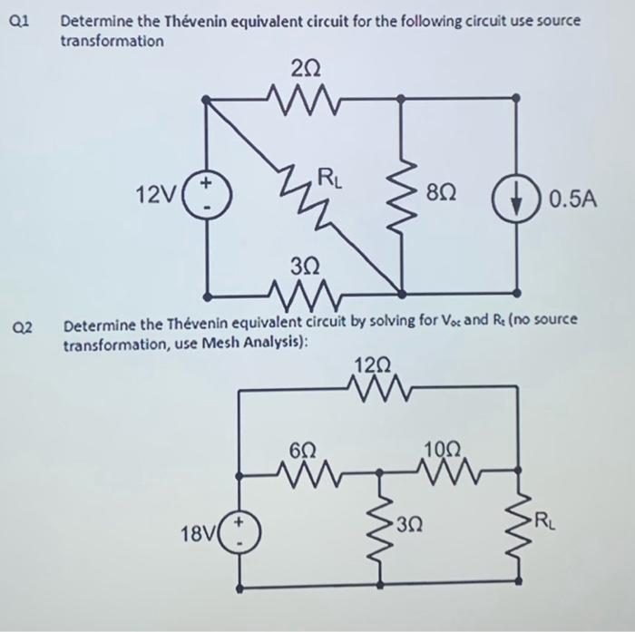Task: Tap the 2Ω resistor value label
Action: coord(305,67)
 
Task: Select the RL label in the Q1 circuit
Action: coord(327,177)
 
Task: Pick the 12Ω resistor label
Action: coord(375,365)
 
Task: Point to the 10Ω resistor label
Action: coord(442,449)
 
